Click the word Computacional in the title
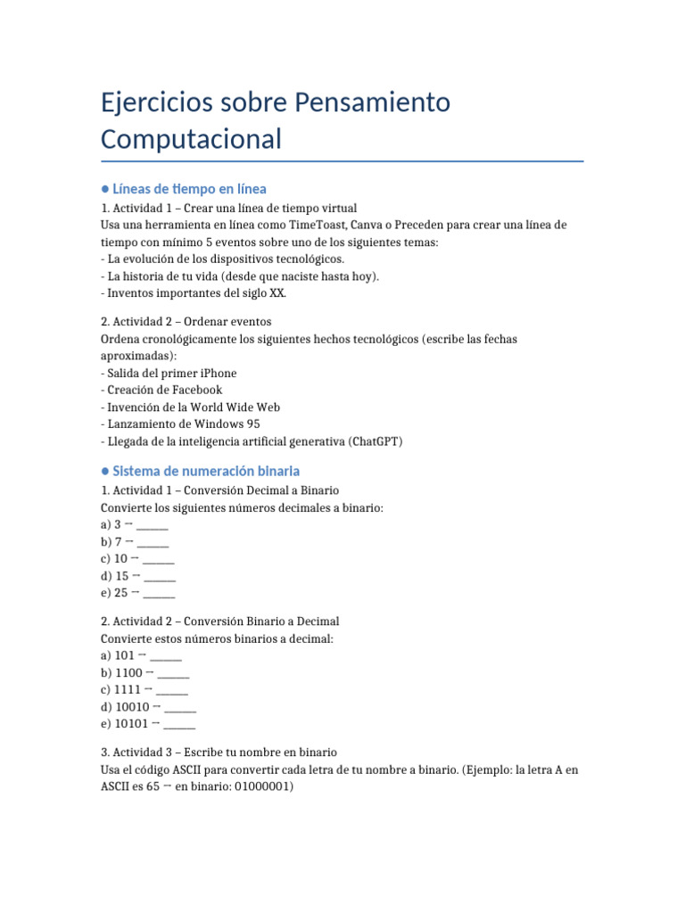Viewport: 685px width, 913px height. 191,139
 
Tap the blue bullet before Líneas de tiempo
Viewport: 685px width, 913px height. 105,189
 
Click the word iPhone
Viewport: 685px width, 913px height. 217,373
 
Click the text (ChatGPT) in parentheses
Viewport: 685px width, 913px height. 376,440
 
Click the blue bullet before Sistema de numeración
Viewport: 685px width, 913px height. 105,471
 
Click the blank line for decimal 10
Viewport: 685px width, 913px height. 158,558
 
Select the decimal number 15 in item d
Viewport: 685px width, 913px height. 122,575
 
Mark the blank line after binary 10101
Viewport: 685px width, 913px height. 179,723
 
